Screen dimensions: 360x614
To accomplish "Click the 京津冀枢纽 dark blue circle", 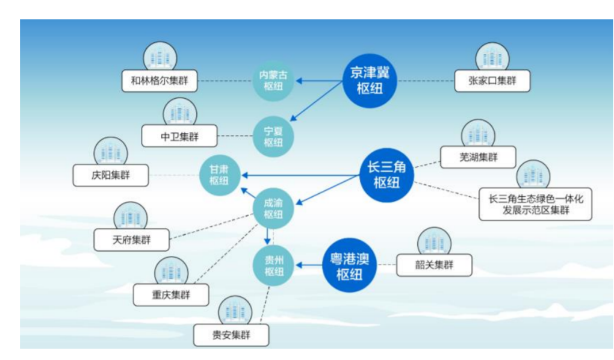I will click(x=370, y=79).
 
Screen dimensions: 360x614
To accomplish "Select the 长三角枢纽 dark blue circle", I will click(x=386, y=175).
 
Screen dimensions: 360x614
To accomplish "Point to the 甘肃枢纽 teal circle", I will click(x=220, y=175).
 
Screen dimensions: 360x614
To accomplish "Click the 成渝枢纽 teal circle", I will click(x=273, y=208).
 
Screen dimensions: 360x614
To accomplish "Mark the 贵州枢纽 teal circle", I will click(x=273, y=265).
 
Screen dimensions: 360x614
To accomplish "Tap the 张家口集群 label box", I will click(x=492, y=81).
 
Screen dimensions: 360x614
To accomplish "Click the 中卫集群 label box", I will click(x=179, y=135).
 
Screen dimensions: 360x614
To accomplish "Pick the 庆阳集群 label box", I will click(x=111, y=175).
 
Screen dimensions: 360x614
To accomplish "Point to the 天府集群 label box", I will click(x=132, y=240).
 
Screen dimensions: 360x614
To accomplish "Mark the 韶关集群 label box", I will click(x=433, y=265).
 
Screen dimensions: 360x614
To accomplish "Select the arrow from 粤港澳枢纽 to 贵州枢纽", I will click(x=309, y=265).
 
